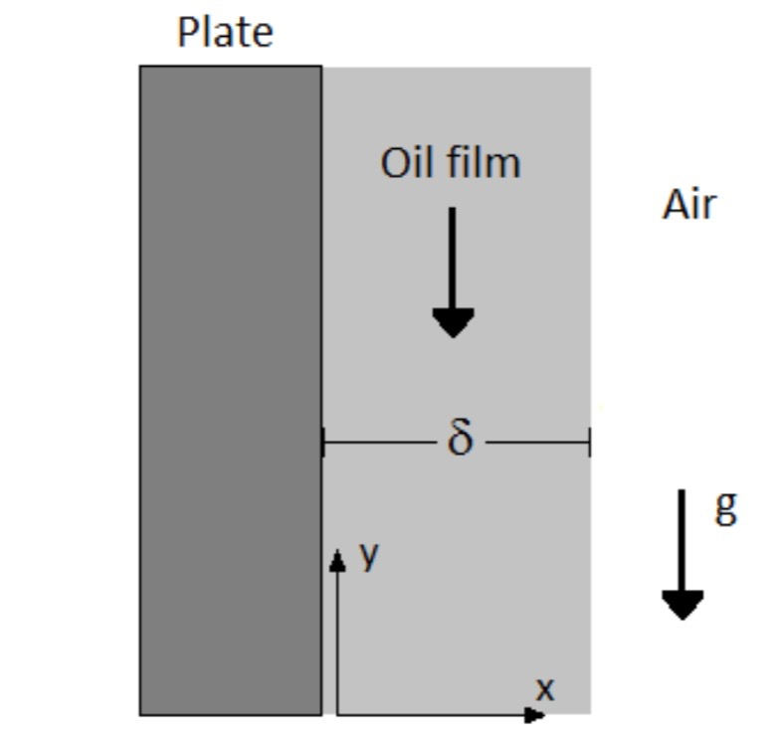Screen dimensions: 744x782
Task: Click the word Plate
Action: (x=225, y=32)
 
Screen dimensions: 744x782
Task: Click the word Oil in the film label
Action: (x=404, y=162)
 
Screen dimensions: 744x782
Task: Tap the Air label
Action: (x=688, y=205)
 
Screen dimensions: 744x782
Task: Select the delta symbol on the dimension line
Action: (x=458, y=439)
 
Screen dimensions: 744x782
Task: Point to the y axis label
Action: (x=369, y=555)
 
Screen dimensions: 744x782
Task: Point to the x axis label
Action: (x=543, y=687)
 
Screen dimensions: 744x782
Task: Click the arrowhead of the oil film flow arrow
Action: (x=453, y=321)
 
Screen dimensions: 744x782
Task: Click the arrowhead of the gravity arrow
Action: (x=683, y=604)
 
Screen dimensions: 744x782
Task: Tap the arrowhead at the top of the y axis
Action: (x=338, y=562)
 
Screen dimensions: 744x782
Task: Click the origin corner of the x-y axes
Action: (x=338, y=713)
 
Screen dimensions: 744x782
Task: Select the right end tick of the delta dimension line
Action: (x=589, y=442)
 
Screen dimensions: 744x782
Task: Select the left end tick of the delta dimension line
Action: (x=323, y=442)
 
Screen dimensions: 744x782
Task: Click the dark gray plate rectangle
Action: (x=230, y=388)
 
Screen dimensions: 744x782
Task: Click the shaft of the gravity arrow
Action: (x=683, y=537)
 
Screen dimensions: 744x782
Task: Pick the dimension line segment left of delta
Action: (x=383, y=442)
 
